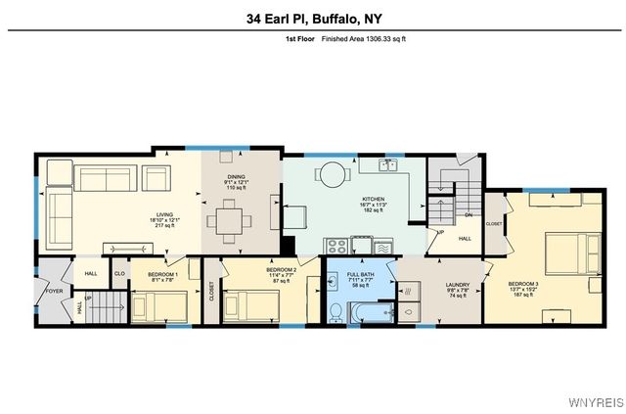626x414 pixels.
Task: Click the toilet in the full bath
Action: (x=335, y=312)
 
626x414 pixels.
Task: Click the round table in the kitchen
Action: (x=333, y=175)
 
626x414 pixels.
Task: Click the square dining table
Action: (x=229, y=220)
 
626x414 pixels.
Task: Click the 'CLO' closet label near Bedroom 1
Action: (x=120, y=274)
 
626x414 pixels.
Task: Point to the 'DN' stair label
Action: (x=468, y=216)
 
